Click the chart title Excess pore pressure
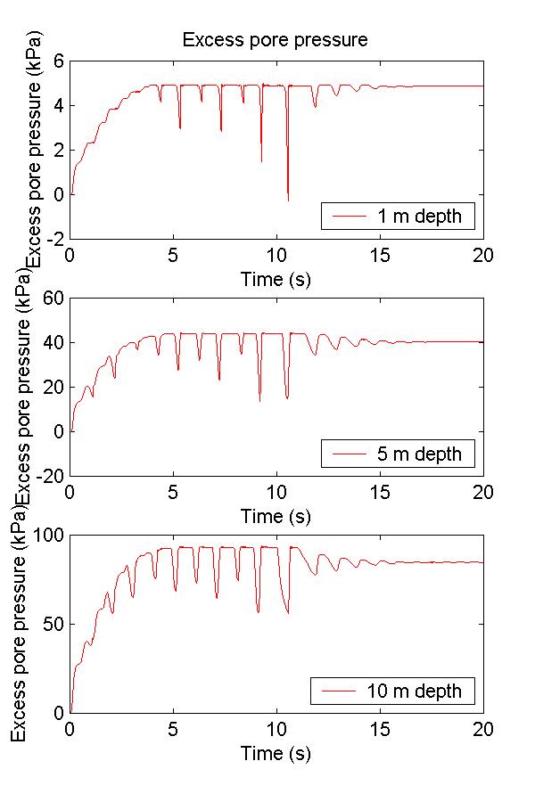275,40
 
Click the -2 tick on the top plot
53,239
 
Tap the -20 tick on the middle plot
50,476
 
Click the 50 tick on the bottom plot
53,624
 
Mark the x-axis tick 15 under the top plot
380,255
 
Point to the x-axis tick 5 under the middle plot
174,493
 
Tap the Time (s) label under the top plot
276,279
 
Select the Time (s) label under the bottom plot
276,754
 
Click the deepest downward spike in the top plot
287,200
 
